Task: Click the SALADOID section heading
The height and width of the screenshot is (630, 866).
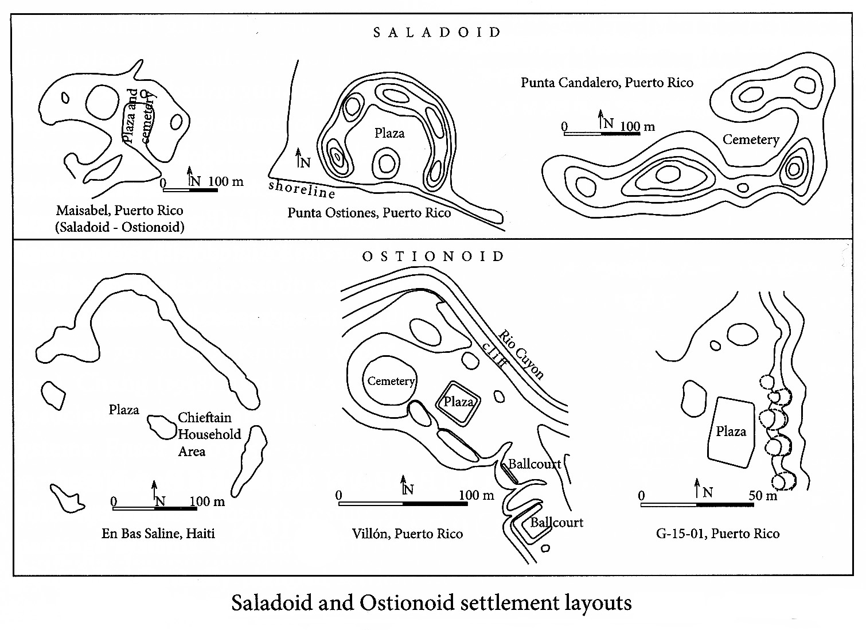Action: tap(437, 33)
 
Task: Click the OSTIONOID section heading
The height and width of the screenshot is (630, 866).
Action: tap(434, 256)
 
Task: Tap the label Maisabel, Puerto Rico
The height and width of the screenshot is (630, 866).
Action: tap(119, 211)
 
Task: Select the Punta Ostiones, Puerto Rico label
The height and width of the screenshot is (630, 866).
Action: tap(369, 213)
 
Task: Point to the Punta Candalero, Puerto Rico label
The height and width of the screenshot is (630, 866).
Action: tap(607, 83)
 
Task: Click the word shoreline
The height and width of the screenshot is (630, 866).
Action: tap(302, 189)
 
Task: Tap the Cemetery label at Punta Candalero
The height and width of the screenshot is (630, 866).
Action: tap(751, 139)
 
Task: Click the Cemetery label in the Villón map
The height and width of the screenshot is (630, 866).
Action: tap(391, 382)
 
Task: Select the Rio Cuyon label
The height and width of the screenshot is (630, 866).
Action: tap(521, 354)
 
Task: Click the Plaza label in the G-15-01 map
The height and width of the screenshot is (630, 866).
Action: tap(731, 431)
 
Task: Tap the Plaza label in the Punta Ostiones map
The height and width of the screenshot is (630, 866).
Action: tap(389, 134)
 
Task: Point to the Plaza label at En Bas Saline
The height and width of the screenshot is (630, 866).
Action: tap(124, 410)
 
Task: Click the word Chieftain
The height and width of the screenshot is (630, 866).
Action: tap(205, 418)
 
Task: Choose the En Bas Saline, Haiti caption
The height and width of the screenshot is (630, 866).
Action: tap(158, 534)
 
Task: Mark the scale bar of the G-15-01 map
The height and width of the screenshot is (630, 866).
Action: tap(697, 505)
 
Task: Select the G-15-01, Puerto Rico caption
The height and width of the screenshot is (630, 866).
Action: tap(717, 534)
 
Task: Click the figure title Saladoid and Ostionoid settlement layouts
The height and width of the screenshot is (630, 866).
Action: tap(431, 603)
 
